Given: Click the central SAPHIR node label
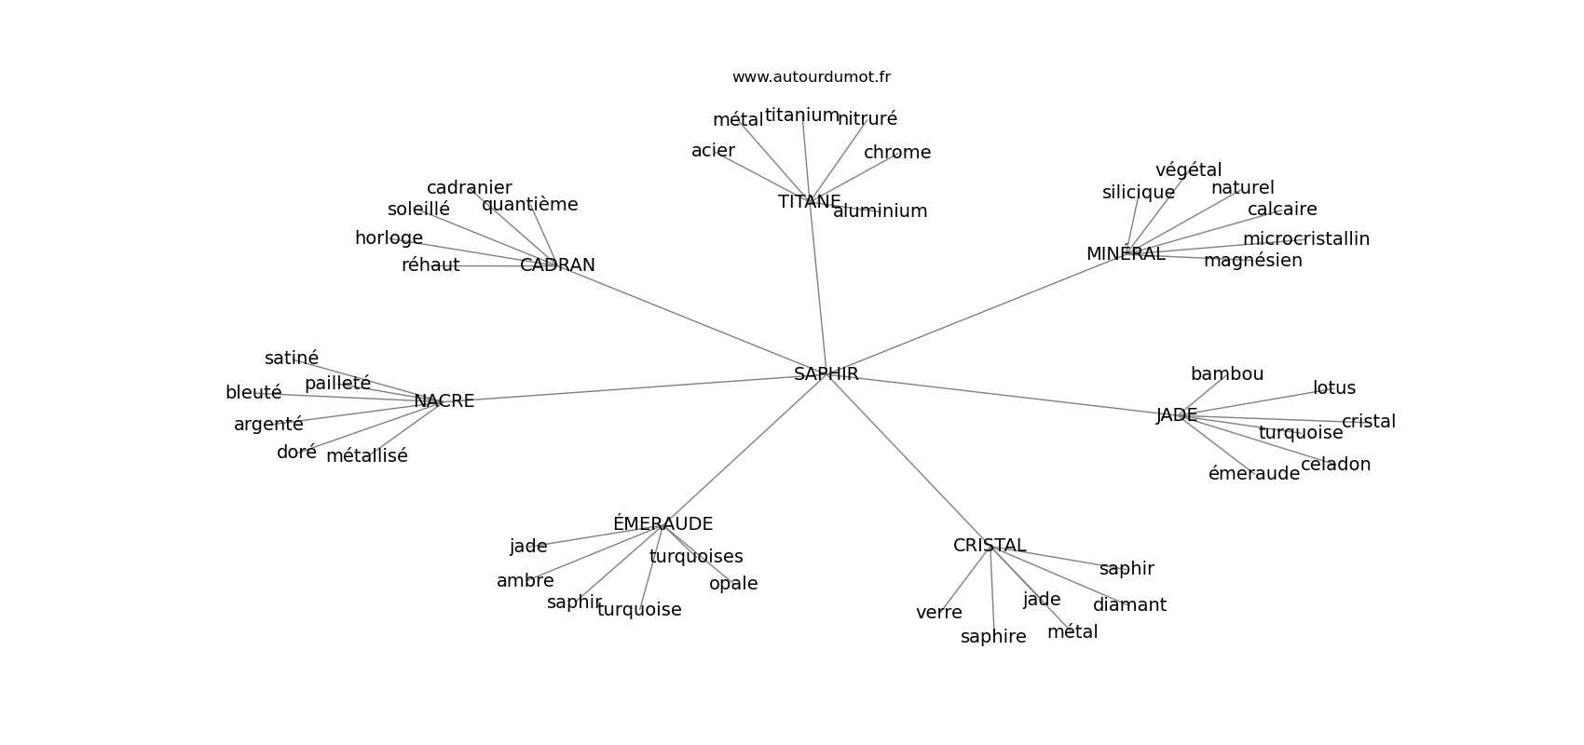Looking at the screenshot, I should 826,374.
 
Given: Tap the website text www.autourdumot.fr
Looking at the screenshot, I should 811,77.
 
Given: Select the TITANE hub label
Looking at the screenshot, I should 809,202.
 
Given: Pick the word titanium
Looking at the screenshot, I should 801,115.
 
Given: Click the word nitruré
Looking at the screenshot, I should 867,119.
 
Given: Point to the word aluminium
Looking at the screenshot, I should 880,211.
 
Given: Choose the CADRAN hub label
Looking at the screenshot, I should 557,265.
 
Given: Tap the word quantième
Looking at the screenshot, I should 529,205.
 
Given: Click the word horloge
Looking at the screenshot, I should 389,238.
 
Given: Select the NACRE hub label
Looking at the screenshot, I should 444,401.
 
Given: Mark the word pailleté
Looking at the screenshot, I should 337,384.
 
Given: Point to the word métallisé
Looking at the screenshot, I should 366,456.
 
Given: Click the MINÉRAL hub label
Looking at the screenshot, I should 1125,254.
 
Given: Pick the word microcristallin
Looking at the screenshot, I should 1305,239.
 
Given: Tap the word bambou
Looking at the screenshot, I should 1226,374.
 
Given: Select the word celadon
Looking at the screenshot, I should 1335,465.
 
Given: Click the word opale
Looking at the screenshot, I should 732,584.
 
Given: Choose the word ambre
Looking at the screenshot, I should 525,581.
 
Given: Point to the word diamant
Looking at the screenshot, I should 1129,605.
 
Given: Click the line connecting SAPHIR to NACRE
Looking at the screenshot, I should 634,388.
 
